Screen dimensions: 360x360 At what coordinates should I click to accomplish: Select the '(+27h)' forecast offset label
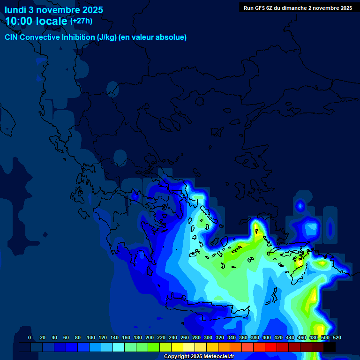coord(81,21)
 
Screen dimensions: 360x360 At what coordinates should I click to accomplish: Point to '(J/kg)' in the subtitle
coord(107,37)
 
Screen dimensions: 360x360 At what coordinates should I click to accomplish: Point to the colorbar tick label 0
coord(30,338)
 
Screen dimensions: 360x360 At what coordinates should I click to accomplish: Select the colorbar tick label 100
coord(91,338)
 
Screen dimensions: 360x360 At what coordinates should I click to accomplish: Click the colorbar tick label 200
coord(150,338)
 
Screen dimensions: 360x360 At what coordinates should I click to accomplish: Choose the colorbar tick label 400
coord(267,338)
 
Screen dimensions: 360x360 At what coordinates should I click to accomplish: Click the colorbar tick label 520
coord(337,338)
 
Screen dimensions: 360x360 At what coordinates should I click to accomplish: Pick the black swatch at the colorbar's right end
coord(329,347)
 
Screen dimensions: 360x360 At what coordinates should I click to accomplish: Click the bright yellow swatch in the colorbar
coord(177,347)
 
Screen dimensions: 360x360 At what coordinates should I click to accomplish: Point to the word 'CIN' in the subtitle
coord(11,37)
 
